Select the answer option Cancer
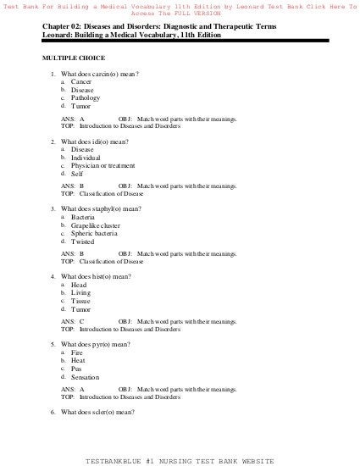click(x=81, y=81)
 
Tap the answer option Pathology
click(x=86, y=98)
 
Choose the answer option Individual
click(x=86, y=158)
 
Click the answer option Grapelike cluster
click(x=95, y=225)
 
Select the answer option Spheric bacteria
click(x=93, y=233)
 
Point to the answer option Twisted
click(x=83, y=241)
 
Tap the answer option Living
click(x=81, y=292)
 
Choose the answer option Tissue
click(x=81, y=301)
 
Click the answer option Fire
click(x=77, y=352)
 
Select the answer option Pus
click(x=77, y=369)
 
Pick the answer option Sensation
click(x=86, y=377)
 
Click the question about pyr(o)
click(x=97, y=344)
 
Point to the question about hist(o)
click(x=97, y=276)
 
